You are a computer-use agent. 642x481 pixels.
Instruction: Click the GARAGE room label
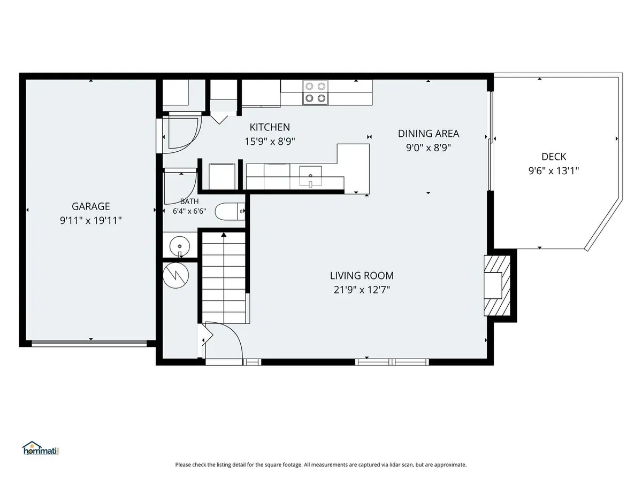pos(90,206)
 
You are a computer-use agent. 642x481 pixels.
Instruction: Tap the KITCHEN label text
pos(270,127)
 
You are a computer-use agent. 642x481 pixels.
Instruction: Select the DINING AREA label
pos(429,134)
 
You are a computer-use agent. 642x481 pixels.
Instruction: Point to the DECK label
pos(554,157)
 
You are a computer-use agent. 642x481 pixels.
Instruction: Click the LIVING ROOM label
pos(362,275)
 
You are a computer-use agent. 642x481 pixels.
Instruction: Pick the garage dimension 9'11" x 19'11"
pos(90,220)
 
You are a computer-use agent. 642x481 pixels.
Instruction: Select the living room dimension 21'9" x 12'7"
pos(362,290)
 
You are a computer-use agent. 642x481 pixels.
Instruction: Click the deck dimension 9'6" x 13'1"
pos(554,170)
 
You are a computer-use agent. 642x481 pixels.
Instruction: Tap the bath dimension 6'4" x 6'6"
pos(189,211)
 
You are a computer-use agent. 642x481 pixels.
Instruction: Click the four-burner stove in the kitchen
pos(315,92)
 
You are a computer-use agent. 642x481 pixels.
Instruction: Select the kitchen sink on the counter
pos(310,176)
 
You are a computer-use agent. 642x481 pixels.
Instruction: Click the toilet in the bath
pos(230,211)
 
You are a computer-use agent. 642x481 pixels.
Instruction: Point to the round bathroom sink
pos(180,246)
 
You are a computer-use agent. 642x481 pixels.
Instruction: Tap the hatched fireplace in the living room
pos(497,285)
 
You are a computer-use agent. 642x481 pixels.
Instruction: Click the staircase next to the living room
pos(224,278)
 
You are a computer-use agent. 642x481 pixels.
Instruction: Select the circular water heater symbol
pos(176,275)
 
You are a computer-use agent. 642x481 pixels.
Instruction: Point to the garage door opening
pos(89,344)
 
